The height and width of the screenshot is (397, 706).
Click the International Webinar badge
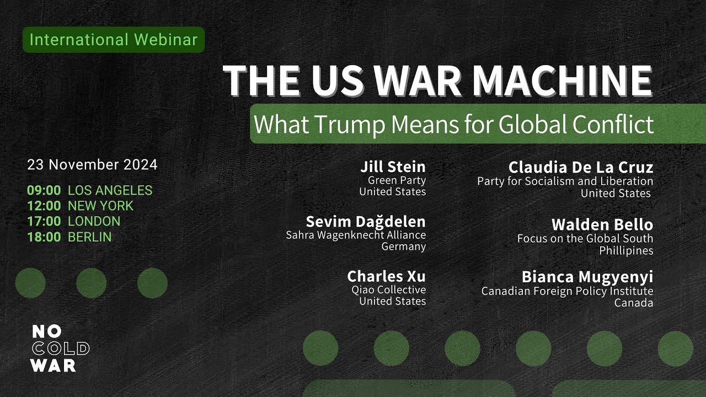(114, 40)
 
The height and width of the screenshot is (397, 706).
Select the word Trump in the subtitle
(351, 124)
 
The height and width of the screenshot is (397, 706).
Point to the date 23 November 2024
(92, 164)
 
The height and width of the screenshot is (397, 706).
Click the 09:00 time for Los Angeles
(44, 191)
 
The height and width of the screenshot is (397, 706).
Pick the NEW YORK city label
(100, 206)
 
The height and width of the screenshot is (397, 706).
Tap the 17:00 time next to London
(44, 222)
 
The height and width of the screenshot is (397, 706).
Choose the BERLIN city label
(89, 237)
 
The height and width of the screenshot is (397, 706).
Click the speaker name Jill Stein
(393, 167)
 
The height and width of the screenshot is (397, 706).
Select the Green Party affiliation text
(397, 180)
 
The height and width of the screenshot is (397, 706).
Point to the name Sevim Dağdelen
(366, 222)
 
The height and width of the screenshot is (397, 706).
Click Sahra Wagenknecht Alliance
(356, 235)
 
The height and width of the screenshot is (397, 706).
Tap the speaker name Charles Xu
(386, 276)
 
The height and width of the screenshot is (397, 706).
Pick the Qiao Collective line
(388, 289)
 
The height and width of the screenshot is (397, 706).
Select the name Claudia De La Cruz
(580, 167)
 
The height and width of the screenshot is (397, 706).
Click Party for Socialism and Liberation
(565, 181)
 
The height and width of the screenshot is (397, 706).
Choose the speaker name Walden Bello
(602, 225)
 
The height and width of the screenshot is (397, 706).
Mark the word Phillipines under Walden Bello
(626, 251)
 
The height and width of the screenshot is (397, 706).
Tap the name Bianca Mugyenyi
(587, 277)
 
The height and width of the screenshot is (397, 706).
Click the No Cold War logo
(60, 348)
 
